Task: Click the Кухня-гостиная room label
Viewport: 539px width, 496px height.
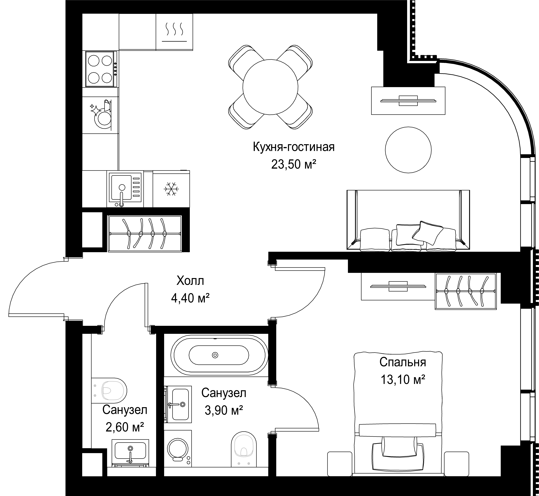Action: (x=294, y=147)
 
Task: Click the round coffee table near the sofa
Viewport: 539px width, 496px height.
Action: (x=408, y=150)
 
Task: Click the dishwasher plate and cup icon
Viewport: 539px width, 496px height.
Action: (x=101, y=114)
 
